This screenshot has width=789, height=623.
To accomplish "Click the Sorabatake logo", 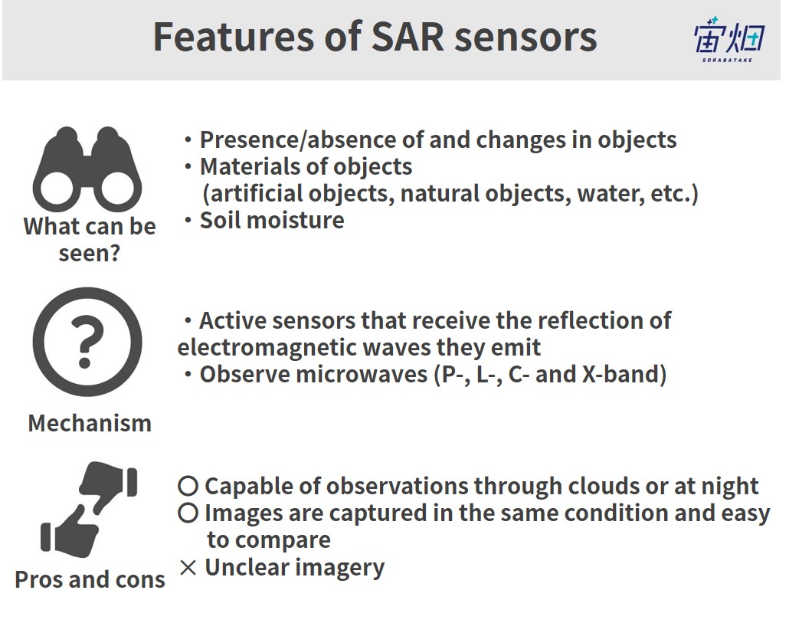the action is click(729, 41).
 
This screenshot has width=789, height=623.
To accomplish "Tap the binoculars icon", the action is click(87, 169).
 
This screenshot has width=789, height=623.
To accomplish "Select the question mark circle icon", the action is click(87, 342).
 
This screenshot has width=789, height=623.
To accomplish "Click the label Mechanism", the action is click(90, 423).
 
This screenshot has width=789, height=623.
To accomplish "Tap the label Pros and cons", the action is click(90, 580).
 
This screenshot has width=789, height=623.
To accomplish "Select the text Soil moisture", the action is click(272, 221).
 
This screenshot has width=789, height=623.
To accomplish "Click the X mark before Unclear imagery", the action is click(188, 568).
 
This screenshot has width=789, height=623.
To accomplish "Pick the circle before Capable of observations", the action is click(188, 486).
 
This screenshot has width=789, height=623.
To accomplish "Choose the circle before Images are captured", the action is click(188, 513).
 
